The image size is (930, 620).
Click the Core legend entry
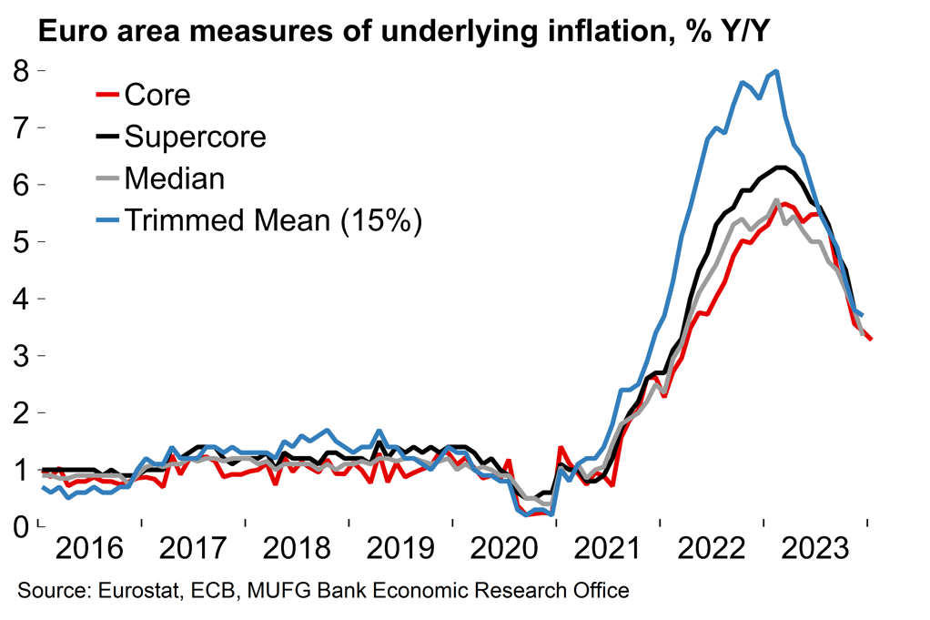point(157,95)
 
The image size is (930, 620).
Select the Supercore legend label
point(195,137)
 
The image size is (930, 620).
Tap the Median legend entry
point(174,178)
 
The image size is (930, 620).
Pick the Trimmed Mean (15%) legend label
point(272,220)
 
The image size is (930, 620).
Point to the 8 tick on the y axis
point(21,70)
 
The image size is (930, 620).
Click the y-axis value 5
point(21,241)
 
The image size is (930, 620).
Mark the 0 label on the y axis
point(21,526)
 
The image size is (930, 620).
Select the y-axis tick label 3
point(21,355)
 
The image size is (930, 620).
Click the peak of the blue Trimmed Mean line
point(776,71)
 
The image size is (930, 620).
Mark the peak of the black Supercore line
point(780,167)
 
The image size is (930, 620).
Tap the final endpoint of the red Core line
point(871,340)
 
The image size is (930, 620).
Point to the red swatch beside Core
point(107,95)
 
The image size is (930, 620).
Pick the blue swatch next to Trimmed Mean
point(107,220)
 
